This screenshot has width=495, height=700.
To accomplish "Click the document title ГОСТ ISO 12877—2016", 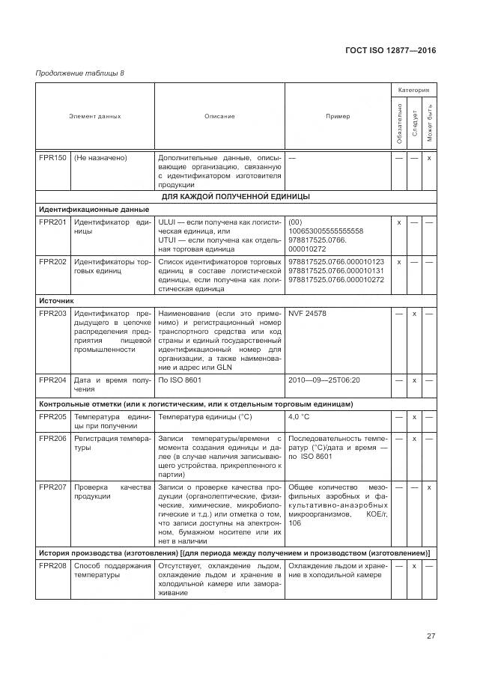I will click(391, 50).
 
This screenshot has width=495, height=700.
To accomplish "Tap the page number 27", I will click(431, 636).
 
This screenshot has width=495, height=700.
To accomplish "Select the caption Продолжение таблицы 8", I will click(80, 73).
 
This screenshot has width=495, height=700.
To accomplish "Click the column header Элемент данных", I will click(95, 116).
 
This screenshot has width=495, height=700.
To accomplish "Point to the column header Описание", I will click(219, 116).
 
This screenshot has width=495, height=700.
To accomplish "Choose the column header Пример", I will click(337, 116).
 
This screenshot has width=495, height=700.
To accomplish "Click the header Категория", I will click(413, 90).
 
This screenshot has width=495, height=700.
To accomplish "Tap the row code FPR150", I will click(52, 158).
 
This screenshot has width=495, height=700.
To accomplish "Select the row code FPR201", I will click(52, 222).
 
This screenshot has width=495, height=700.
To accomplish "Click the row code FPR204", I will click(52, 380).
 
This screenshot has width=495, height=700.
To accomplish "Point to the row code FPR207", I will click(52, 487).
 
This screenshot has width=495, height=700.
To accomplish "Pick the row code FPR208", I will click(52, 565).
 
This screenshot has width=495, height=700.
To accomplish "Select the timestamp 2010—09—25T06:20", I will click(324, 380).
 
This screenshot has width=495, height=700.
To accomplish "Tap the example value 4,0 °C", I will click(300, 416).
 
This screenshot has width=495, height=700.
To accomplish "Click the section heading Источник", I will click(56, 299).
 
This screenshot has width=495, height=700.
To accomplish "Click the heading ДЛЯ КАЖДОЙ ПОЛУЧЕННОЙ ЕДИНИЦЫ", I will click(236, 196).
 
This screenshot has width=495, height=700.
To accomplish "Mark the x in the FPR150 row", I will click(429, 158).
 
